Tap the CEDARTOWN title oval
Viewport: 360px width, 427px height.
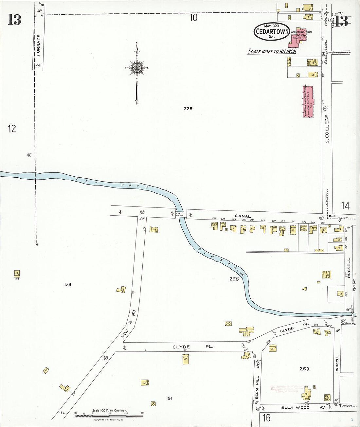(272, 31)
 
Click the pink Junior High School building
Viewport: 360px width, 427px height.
(308, 101)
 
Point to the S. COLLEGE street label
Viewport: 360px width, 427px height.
(327, 129)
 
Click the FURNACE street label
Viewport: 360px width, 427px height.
(38, 45)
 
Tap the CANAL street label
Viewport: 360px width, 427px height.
(243, 216)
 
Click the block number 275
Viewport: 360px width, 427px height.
(188, 109)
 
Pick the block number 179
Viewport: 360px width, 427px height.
(68, 284)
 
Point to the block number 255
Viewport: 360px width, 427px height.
(234, 279)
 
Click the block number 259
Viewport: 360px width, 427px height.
(304, 369)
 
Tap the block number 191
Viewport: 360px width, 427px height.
(169, 398)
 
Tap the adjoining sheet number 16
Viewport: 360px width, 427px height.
(267, 418)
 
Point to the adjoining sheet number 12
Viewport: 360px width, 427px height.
(12, 129)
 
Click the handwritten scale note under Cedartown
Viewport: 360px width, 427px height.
(272, 51)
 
